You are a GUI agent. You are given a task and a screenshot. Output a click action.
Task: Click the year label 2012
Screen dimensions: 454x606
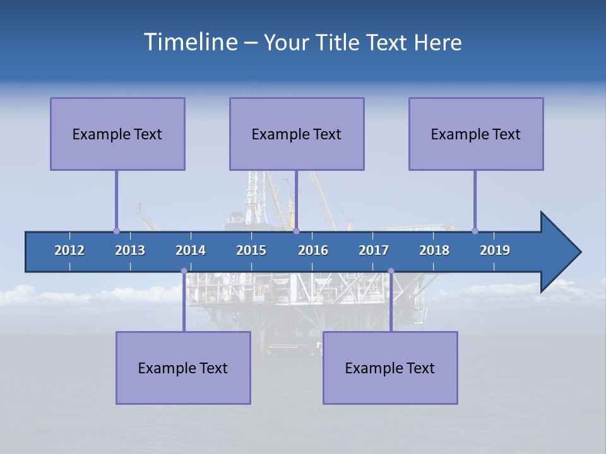(x=69, y=250)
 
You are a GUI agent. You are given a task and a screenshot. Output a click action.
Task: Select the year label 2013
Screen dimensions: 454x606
(x=130, y=250)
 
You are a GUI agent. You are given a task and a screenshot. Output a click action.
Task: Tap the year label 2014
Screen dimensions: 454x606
(x=191, y=250)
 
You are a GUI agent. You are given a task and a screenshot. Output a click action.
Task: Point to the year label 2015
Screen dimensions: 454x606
(x=251, y=250)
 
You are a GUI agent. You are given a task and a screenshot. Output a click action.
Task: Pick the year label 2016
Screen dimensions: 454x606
(x=313, y=250)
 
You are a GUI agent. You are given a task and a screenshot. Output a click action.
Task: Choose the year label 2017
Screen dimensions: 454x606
(x=374, y=250)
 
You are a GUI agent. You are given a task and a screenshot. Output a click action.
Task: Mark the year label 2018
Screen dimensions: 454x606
(x=434, y=250)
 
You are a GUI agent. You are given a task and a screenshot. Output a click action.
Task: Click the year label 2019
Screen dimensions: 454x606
(x=495, y=250)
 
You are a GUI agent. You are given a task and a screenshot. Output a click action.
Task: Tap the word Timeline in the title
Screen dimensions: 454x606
(x=189, y=42)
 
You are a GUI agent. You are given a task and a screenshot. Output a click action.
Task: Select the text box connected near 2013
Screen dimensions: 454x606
(x=117, y=134)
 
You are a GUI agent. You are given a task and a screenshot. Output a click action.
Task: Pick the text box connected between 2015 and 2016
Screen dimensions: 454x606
(x=297, y=134)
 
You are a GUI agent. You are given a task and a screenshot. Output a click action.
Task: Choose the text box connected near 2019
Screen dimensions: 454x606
(x=476, y=134)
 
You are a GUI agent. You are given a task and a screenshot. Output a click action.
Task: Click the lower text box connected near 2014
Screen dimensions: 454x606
(x=183, y=368)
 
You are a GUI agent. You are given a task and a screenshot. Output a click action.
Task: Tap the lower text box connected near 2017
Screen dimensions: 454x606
(x=390, y=368)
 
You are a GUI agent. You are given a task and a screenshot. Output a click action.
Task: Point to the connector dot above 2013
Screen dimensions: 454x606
(x=116, y=231)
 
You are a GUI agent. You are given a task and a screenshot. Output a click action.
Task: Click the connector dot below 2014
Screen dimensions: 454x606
(x=184, y=271)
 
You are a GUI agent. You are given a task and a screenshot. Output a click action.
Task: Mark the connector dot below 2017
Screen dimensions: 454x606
(x=391, y=271)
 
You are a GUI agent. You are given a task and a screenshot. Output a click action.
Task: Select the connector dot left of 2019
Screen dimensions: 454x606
(x=475, y=231)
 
